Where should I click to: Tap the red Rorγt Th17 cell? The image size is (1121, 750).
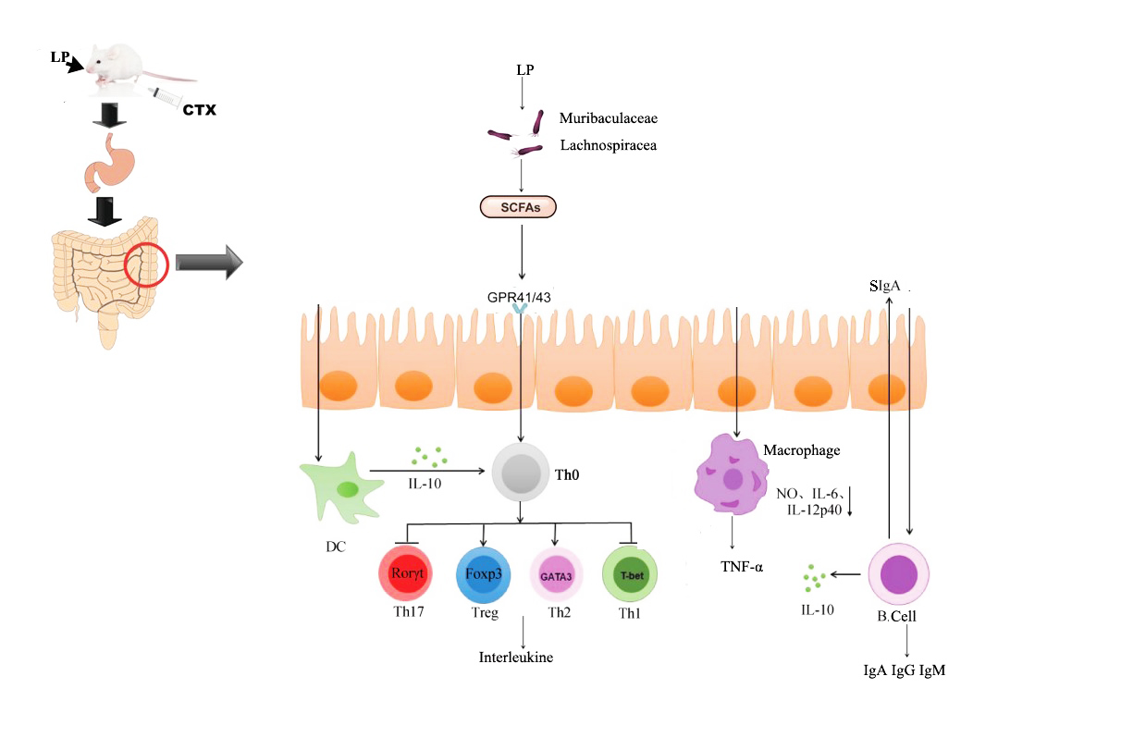[x=407, y=574]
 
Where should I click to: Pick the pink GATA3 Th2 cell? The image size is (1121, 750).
[x=556, y=574]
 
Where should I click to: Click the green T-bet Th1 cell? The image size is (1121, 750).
[x=630, y=574]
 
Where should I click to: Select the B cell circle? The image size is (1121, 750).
[x=897, y=574]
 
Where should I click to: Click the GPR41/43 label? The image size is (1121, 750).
[x=522, y=297]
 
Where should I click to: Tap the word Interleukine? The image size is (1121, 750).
[x=523, y=658]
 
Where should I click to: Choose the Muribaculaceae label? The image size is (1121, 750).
[x=608, y=118]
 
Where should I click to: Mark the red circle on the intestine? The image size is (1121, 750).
[x=146, y=264]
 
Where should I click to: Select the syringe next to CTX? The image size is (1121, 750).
[x=167, y=97]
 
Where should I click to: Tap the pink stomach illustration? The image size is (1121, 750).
[x=110, y=164]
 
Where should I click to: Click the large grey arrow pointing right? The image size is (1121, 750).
[x=208, y=264]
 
